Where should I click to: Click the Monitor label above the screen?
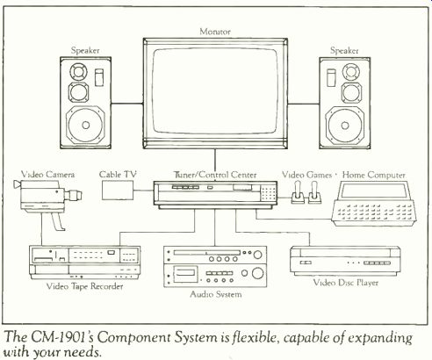coord(215,32)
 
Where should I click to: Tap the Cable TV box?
coord(118,191)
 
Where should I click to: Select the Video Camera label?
coord(47,175)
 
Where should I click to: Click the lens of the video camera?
coord(74,195)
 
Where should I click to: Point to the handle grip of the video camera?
coord(57,221)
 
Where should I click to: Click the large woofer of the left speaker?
coord(85,125)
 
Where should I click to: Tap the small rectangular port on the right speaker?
coord(331,77)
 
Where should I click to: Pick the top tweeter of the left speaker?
coord(78,71)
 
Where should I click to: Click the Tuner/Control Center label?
coord(215,175)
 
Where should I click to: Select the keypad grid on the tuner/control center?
coord(269,193)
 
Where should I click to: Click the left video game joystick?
coord(298,192)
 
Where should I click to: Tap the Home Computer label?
coord(374,175)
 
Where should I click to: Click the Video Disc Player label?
coord(346,283)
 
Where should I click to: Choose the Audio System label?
coord(216,294)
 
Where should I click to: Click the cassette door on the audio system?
coord(184,274)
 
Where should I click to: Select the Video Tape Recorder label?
coord(85,286)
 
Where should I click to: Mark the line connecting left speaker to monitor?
coord(127,104)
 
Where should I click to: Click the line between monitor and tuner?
coord(215,165)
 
